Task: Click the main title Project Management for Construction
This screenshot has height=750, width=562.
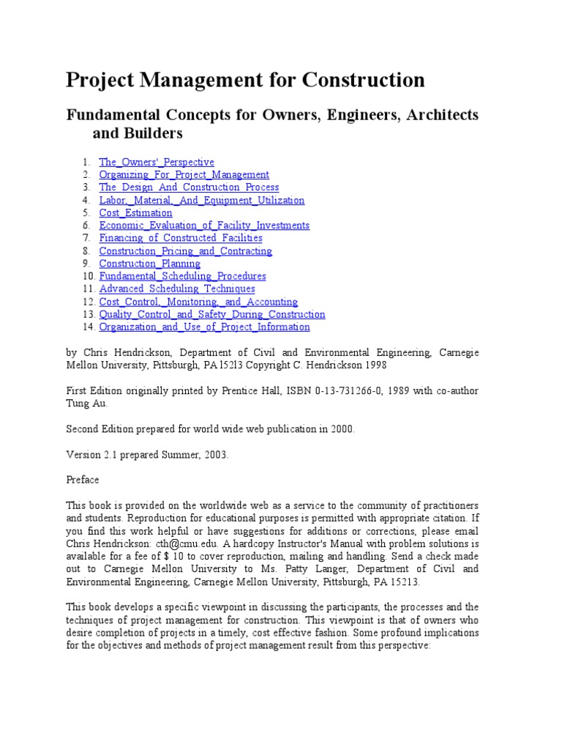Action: click(x=245, y=80)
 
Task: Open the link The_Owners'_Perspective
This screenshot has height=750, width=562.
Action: click(x=157, y=162)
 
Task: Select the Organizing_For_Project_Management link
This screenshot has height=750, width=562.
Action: click(x=184, y=175)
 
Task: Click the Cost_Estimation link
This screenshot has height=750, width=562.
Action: click(x=135, y=213)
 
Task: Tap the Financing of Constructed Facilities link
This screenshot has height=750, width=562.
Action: click(x=181, y=238)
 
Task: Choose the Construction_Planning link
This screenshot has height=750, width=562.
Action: click(x=149, y=264)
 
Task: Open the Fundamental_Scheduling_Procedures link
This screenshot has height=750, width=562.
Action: click(x=182, y=276)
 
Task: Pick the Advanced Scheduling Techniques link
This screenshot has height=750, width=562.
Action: click(x=177, y=289)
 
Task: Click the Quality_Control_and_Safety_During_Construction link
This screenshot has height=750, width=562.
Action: click(x=212, y=314)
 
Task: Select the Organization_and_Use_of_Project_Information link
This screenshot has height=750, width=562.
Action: click(x=204, y=327)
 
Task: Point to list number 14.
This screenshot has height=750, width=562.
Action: click(x=89, y=327)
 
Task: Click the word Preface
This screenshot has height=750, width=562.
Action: click(x=82, y=480)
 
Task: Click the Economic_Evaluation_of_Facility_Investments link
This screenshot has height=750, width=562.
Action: click(x=204, y=226)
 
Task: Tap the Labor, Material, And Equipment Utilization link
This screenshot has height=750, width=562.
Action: click(x=201, y=200)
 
